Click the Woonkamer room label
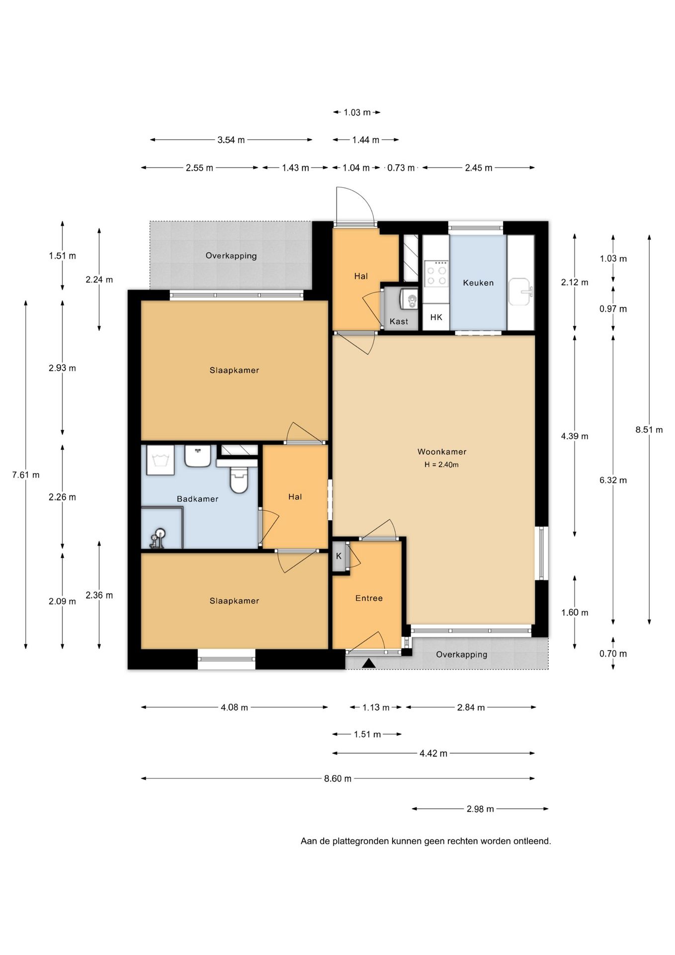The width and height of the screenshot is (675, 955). click(x=442, y=452)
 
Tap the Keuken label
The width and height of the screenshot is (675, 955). click(x=478, y=283)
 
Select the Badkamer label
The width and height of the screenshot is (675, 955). click(x=197, y=499)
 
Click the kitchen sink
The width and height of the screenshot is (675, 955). click(x=520, y=291)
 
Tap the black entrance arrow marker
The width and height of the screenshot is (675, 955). click(x=368, y=663)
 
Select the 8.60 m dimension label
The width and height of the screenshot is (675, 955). click(x=338, y=778)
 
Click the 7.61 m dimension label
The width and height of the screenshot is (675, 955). click(x=26, y=475)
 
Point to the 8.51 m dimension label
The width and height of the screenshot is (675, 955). click(x=649, y=430)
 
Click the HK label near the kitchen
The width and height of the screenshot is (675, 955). click(x=436, y=317)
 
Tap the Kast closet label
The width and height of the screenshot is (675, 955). click(x=399, y=321)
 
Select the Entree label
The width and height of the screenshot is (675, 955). click(x=369, y=598)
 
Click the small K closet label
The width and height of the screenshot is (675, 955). click(x=339, y=556)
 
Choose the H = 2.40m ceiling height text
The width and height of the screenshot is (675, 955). click(x=441, y=465)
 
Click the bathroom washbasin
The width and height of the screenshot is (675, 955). click(x=198, y=456)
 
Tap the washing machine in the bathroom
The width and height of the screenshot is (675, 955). click(x=160, y=460)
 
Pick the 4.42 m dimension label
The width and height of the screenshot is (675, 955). click(x=433, y=754)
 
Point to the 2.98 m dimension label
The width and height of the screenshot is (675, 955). click(x=480, y=809)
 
